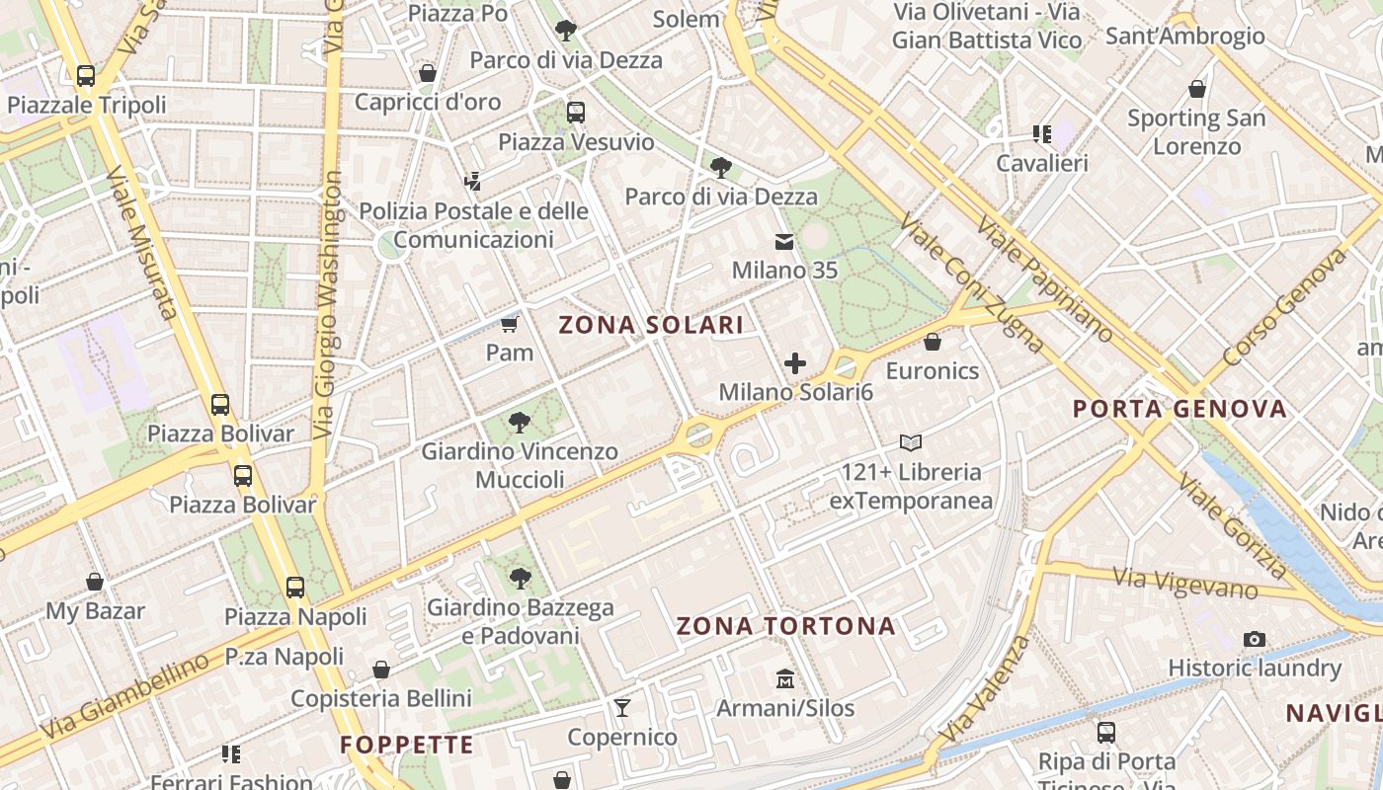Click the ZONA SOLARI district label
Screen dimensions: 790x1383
[651, 325]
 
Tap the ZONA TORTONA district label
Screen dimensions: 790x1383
[786, 626]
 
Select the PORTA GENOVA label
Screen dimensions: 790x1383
[1180, 409]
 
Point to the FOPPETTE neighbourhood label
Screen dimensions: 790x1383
[407, 746]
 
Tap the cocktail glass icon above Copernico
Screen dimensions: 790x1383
[622, 707]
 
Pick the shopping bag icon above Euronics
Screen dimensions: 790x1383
[932, 342]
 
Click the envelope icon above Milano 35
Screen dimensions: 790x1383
[784, 241]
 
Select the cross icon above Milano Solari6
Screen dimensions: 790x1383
[795, 363]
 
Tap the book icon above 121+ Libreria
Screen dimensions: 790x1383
[910, 443]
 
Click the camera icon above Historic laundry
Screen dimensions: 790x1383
[1255, 639]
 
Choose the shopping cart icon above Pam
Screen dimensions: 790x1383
[510, 324]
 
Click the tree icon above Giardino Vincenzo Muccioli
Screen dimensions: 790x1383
[520, 423]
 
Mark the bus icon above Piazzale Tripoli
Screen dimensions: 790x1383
[86, 75]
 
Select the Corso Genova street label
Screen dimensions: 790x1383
[1283, 307]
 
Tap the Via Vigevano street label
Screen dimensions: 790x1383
[1184, 584]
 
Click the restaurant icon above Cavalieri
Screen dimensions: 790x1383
[1042, 133]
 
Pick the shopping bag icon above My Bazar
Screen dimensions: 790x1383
[95, 582]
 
